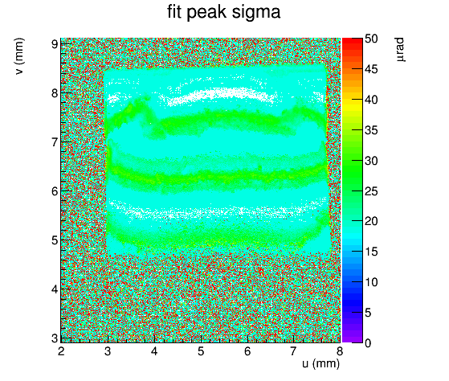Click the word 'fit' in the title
click(174, 12)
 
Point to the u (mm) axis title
click(320, 363)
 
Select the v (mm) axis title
click(19, 56)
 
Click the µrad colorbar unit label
click(401, 49)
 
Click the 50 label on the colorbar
click(371, 39)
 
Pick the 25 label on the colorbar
click(371, 191)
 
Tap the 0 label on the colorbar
click(368, 343)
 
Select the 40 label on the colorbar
click(371, 100)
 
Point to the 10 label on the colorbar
click(371, 282)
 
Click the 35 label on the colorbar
click(371, 130)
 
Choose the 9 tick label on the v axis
click(55, 44)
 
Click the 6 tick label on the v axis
click(55, 191)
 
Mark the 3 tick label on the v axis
click(55, 338)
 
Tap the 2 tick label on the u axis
click(61, 351)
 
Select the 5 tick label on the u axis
click(201, 351)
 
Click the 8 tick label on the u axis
click(340, 351)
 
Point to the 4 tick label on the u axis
click(154, 351)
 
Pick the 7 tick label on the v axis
click(55, 142)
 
